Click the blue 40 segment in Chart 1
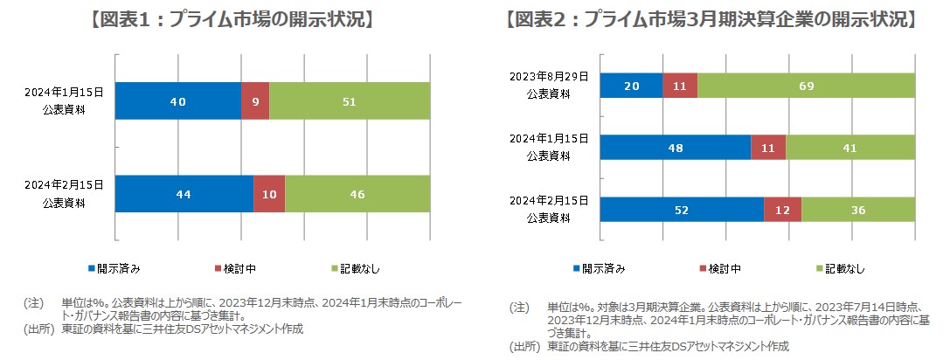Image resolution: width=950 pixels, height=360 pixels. click(x=178, y=100)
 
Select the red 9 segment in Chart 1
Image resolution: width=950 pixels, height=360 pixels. click(x=255, y=100)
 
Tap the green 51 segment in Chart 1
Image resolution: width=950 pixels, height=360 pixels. click(x=350, y=100)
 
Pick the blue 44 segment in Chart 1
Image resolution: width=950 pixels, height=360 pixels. click(x=184, y=193)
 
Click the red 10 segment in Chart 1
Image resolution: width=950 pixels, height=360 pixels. click(x=269, y=193)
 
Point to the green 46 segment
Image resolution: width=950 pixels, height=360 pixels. click(x=357, y=193)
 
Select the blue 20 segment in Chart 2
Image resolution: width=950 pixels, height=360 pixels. click(x=631, y=85)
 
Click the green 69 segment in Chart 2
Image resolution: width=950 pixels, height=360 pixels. click(x=806, y=85)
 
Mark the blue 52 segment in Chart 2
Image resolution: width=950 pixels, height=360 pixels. click(x=682, y=210)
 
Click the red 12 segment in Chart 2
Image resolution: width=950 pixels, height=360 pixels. click(x=782, y=210)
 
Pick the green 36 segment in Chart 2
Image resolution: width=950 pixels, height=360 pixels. click(x=858, y=210)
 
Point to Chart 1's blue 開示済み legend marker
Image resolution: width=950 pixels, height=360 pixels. click(x=92, y=267)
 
